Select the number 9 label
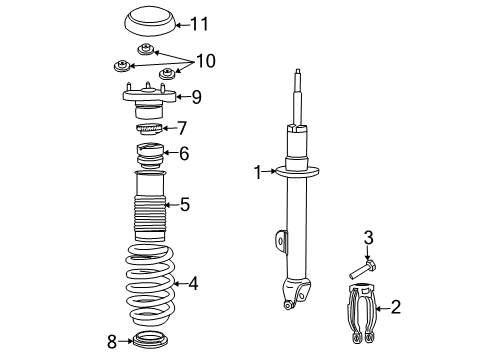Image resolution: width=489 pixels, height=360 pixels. pyautogui.click(x=196, y=97)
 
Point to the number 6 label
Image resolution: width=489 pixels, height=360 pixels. pyautogui.click(x=183, y=153)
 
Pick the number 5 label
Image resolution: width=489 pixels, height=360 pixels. pyautogui.click(x=184, y=204)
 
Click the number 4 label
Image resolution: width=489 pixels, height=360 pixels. pyautogui.click(x=193, y=283)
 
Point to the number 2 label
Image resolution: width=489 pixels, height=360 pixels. pyautogui.click(x=395, y=306)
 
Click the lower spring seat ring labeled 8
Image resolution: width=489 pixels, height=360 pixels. pyautogui.click(x=150, y=341)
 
